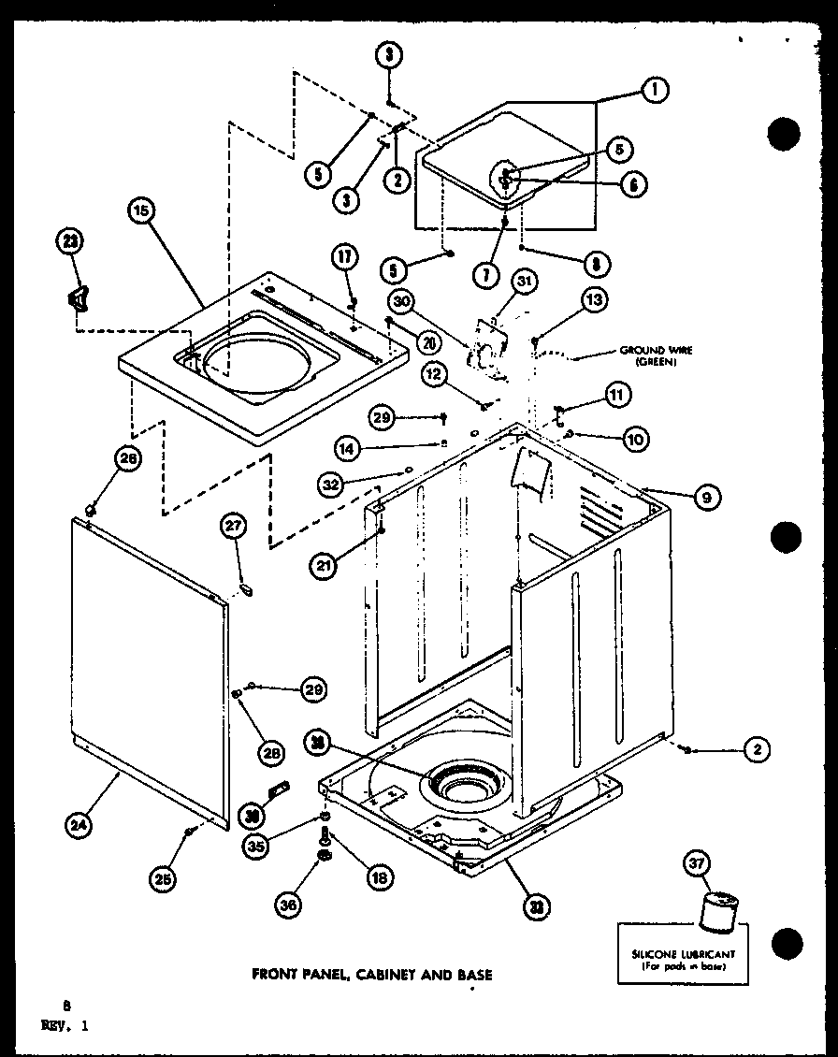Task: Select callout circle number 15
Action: (140, 211)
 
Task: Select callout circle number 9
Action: (705, 499)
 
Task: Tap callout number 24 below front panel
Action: (79, 824)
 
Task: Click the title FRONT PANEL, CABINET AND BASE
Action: (372, 975)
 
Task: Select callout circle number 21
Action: (323, 563)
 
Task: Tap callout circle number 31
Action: (523, 281)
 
